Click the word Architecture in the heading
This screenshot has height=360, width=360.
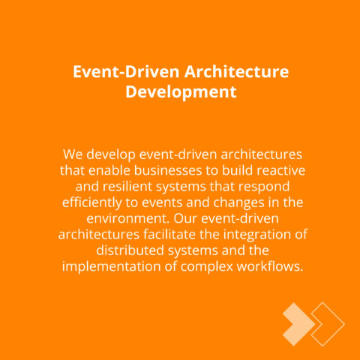click(x=236, y=72)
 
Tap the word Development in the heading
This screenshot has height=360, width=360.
click(x=181, y=92)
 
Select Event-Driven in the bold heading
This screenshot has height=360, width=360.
click(x=126, y=72)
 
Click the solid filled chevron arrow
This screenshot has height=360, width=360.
click(x=298, y=324)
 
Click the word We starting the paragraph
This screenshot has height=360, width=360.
click(x=73, y=154)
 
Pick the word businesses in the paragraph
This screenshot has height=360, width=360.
click(x=168, y=170)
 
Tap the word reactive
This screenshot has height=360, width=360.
click(x=280, y=170)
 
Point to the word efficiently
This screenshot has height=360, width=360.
click(x=91, y=203)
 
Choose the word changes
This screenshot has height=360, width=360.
click(x=238, y=203)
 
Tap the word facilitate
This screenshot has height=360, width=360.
click(x=169, y=235)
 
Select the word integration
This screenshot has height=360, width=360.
click(x=256, y=235)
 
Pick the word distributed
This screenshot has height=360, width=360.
click(x=130, y=250)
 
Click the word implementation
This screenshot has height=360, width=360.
click(x=112, y=267)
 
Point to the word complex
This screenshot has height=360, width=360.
click(x=207, y=267)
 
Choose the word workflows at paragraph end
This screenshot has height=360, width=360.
click(x=270, y=266)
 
